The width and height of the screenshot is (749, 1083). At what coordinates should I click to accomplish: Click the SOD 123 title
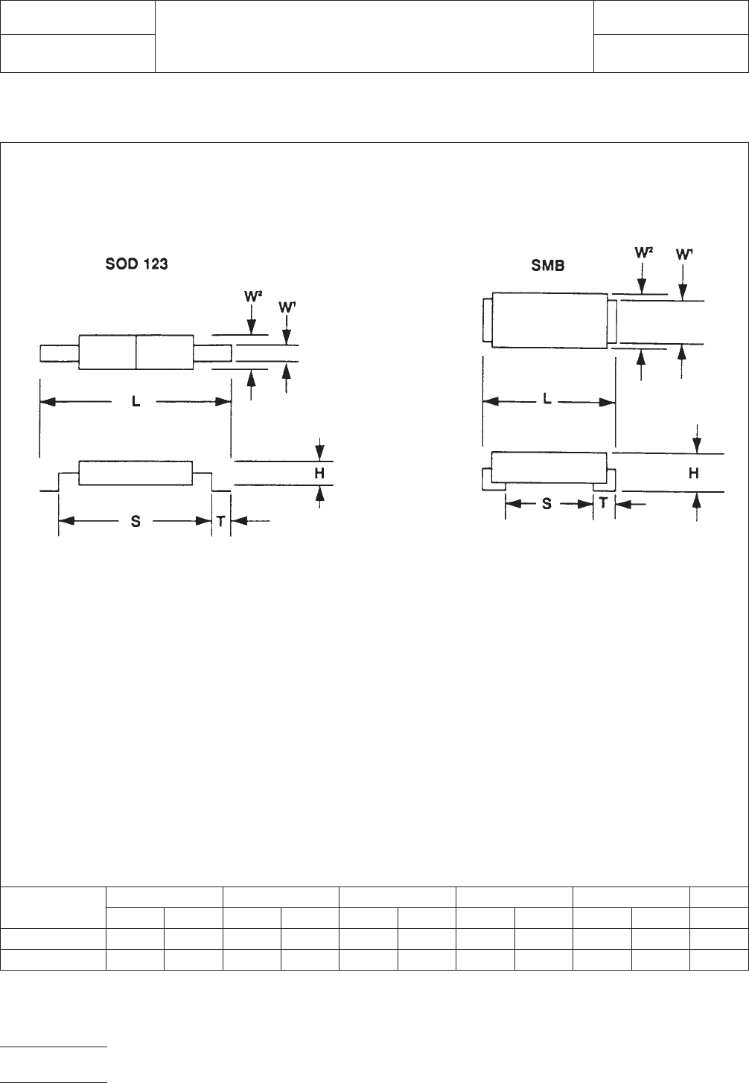pos(136,264)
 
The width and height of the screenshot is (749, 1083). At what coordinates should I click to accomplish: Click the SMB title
pos(547,266)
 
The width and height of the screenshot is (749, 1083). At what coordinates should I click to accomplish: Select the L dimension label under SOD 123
pos(136,401)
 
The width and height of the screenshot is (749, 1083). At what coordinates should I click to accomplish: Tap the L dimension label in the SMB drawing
pos(547,399)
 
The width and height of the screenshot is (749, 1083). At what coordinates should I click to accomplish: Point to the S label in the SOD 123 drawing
pos(136,521)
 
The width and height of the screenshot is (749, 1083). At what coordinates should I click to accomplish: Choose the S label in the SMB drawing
pos(546,504)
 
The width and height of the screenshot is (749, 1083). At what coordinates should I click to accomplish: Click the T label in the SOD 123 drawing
pos(220,521)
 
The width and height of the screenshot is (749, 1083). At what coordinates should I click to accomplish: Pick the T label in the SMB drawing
pos(604,503)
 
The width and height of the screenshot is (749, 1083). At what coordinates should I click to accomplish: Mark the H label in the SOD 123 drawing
pos(319,473)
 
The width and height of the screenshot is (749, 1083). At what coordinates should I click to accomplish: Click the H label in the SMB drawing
pos(693,473)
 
